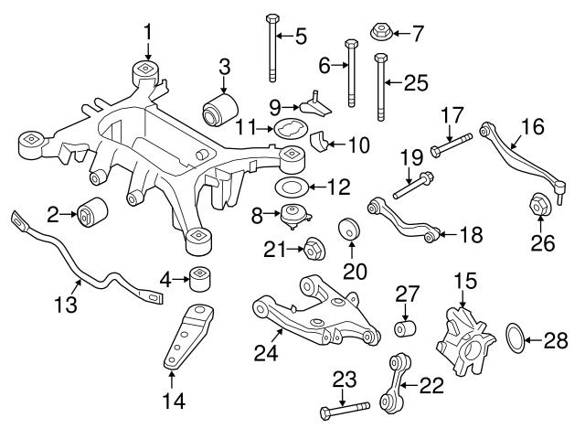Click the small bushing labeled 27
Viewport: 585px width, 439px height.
tap(405, 327)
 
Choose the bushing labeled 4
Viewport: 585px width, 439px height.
tap(200, 276)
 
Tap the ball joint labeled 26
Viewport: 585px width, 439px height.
tap(537, 206)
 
